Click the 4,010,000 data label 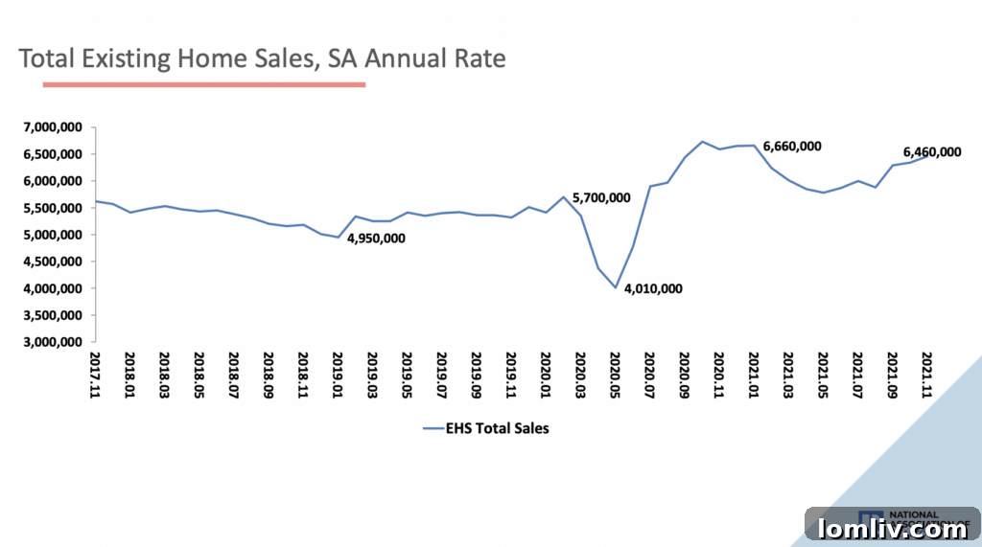tap(653, 288)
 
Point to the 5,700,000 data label tap(601, 198)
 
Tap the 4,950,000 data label tap(376, 238)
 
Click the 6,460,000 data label tap(932, 152)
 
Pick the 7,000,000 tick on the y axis tap(55, 127)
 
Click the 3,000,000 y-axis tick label tap(55, 342)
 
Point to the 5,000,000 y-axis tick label tap(55, 235)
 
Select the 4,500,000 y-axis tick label tap(55, 262)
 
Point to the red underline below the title tap(204, 84)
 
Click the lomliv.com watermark tap(892, 528)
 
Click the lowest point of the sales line tap(616, 287)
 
